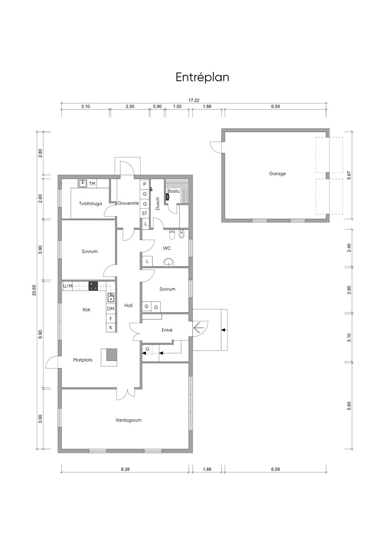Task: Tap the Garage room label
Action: click(x=277, y=174)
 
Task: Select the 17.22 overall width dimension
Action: click(x=194, y=100)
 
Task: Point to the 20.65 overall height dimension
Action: click(x=34, y=290)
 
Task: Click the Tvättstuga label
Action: click(x=90, y=204)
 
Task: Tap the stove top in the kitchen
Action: click(x=93, y=286)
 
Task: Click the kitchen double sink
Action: click(x=111, y=298)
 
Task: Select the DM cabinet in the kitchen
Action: click(x=110, y=309)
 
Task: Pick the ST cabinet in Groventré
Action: click(x=144, y=213)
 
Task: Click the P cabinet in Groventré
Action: click(x=144, y=184)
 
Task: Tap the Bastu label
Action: click(x=173, y=191)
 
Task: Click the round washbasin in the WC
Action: click(x=168, y=262)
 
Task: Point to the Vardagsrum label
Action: click(x=129, y=420)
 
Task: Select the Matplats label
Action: click(x=83, y=360)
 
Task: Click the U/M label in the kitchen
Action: click(x=68, y=286)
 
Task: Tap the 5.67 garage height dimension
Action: click(x=349, y=175)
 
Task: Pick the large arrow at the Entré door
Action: click(x=199, y=328)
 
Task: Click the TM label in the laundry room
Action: click(x=92, y=184)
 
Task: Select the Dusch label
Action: click(x=158, y=204)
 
